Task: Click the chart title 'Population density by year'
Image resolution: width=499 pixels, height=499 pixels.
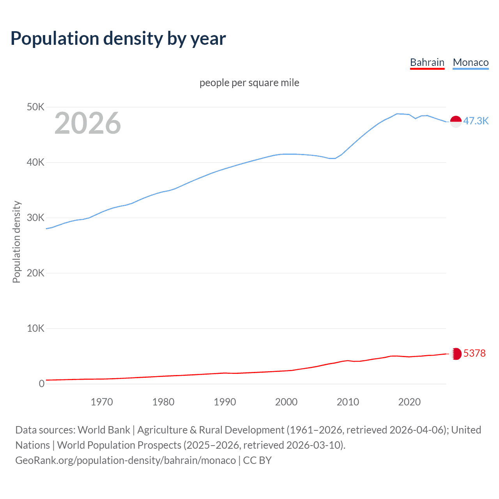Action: pos(118,38)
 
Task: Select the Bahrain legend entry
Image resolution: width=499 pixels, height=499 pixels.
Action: pos(427,62)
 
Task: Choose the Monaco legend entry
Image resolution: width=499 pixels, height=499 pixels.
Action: pos(471,62)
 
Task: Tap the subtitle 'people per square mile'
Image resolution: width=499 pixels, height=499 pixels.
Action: pos(249,83)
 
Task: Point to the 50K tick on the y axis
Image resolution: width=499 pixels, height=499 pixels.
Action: pos(35,107)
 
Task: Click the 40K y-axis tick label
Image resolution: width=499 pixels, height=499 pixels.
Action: pos(35,162)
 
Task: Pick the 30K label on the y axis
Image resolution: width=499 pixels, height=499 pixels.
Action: pos(35,218)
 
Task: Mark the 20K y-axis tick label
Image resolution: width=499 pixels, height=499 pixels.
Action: pos(35,273)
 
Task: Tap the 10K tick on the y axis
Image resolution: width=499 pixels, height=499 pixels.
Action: pos(35,328)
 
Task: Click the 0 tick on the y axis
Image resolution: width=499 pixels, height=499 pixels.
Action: pos(41,384)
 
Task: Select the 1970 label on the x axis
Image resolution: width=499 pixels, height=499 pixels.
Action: pos(102,402)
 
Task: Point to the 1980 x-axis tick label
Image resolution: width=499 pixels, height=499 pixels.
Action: pos(163,402)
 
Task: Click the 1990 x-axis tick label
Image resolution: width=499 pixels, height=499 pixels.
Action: pos(225,402)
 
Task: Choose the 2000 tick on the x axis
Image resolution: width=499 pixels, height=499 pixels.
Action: pos(286,402)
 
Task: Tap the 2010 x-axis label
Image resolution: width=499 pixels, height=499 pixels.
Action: pos(348,402)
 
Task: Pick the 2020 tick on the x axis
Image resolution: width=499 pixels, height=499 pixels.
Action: pos(409,402)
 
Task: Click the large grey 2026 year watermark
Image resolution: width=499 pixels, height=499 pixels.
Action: pos(88,123)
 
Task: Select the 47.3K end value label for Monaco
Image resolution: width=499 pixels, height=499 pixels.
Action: pos(476,121)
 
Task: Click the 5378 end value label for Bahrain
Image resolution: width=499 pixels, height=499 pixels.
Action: pos(474,353)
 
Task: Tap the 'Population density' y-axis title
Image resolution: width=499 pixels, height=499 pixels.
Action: pos(16,242)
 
